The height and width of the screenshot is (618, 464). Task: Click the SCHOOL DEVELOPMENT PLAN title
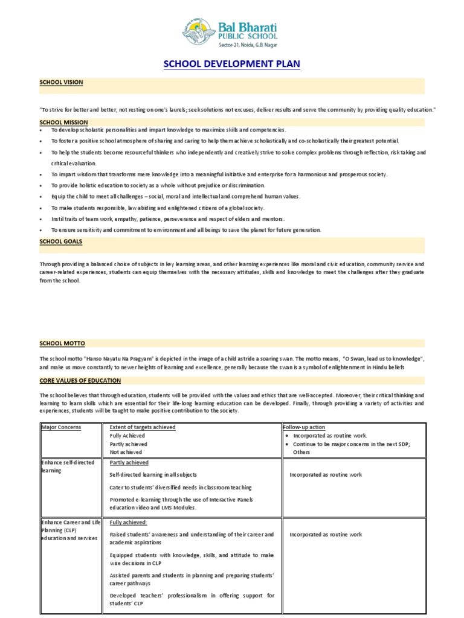click(231, 64)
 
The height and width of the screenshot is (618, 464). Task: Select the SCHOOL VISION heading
click(62, 81)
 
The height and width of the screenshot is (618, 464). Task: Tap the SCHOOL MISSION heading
click(64, 122)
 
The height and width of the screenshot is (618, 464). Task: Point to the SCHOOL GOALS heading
click(61, 241)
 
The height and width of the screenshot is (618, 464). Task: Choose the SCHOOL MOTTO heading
click(62, 343)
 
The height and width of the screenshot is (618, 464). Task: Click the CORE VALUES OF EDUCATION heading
click(80, 381)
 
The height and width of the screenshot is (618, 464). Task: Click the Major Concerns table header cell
click(61, 427)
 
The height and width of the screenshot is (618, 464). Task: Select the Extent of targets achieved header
click(143, 427)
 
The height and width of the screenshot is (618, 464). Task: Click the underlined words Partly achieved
click(129, 463)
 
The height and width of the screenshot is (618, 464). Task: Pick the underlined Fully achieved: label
click(128, 523)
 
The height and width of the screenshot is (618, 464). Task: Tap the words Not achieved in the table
click(126, 452)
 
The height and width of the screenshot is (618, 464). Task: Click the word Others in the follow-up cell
click(301, 452)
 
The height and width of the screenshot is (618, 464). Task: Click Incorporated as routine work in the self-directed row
click(326, 475)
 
